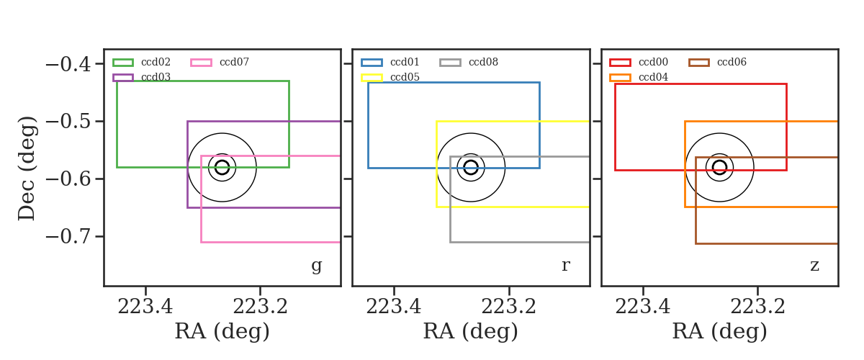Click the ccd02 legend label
coord(156,62)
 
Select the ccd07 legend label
coord(234,62)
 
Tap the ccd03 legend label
coord(156,77)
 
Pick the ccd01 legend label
coord(405,62)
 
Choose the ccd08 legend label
coord(483,62)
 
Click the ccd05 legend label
coord(405,77)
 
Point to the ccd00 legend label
coord(654,62)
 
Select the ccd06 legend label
coord(732,62)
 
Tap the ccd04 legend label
coord(654,77)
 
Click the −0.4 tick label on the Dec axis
coord(68,64)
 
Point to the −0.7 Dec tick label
coord(68,237)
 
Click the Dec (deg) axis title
coord(27,168)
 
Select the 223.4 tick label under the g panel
coord(145,307)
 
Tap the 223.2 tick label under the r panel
coord(509,307)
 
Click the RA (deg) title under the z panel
coord(720,332)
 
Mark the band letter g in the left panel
coord(316,266)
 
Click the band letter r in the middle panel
coord(565,265)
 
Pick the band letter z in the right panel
coord(814,266)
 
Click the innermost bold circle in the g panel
coord(222,161)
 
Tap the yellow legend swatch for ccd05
coord(372,78)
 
